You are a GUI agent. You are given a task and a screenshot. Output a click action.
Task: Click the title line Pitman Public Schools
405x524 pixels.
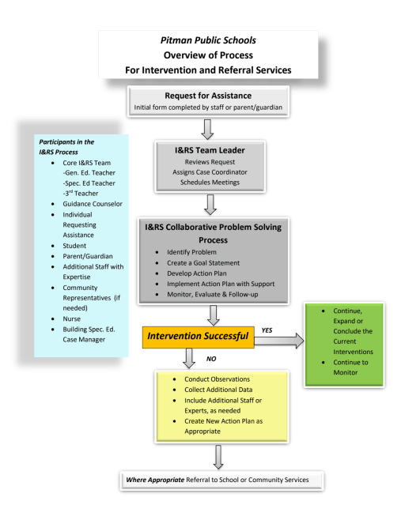[x=208, y=40]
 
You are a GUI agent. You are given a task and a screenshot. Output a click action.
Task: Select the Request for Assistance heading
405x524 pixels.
[x=208, y=96]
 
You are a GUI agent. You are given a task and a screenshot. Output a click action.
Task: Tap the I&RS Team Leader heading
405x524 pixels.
[x=210, y=150]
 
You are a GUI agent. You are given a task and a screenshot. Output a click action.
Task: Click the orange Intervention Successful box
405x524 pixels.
[x=198, y=337]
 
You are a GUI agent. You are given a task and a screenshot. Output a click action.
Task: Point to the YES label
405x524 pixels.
[x=267, y=330]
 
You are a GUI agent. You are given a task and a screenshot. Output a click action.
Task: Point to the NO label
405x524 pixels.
[x=211, y=359]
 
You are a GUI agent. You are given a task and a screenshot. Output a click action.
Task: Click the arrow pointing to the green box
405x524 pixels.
[x=279, y=341]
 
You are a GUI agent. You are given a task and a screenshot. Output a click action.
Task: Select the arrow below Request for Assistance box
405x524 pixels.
[x=207, y=130]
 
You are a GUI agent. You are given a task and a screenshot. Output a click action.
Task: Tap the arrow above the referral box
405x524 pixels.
[x=218, y=457]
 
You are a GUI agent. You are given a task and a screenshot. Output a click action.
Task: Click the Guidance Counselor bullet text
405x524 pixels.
[x=93, y=204]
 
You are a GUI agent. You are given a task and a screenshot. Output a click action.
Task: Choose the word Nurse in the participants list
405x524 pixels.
[x=71, y=319]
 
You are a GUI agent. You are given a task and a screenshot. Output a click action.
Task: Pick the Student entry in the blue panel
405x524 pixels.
[x=74, y=246]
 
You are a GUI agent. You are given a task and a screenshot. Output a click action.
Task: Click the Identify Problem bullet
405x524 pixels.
[x=191, y=252]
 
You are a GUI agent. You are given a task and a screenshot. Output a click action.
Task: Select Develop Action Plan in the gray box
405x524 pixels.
[x=197, y=273]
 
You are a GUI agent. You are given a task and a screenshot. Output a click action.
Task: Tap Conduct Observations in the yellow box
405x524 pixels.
[x=217, y=379]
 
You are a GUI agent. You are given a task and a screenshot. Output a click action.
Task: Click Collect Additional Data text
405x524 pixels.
[x=218, y=390]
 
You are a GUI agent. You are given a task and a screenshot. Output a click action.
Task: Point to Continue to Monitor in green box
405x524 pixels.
[x=350, y=368]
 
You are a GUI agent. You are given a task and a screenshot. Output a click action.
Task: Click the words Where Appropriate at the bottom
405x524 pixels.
[x=155, y=480]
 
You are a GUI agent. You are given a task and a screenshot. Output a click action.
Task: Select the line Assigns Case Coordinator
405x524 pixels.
[x=210, y=172]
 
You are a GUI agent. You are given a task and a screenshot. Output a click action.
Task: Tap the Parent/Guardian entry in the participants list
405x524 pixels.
[x=88, y=256]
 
